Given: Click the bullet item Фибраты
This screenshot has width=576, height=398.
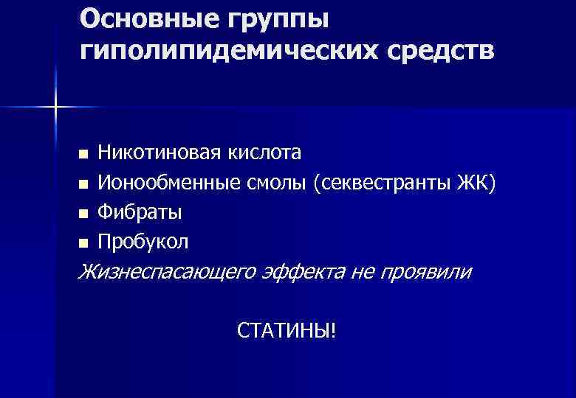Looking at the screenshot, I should click(x=140, y=212).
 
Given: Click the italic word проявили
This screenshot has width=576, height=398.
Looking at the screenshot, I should click(x=425, y=272).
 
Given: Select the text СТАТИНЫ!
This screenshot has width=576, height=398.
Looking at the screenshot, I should click(x=287, y=331).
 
